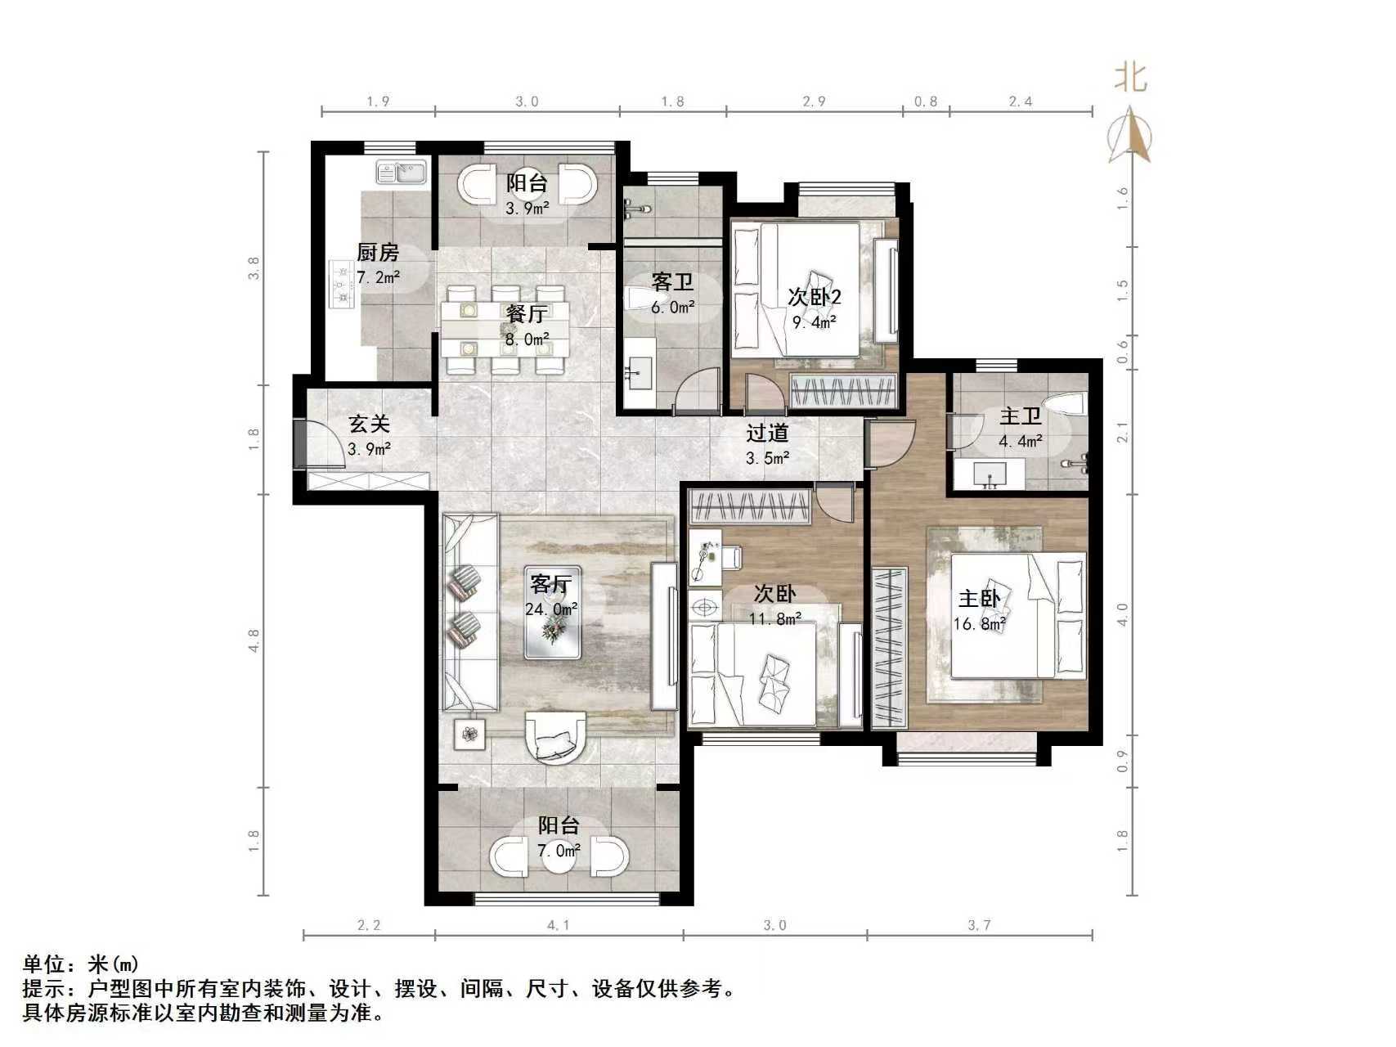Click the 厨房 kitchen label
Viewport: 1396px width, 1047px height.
click(378, 253)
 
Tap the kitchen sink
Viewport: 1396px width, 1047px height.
click(401, 173)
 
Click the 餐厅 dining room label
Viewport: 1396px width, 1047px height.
click(526, 314)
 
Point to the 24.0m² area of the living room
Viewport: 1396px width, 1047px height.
click(551, 609)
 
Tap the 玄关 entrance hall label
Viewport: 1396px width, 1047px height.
click(369, 424)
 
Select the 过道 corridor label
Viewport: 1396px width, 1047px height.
click(767, 434)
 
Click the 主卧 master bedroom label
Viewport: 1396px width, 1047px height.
click(979, 599)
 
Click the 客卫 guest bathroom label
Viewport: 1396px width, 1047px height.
click(672, 282)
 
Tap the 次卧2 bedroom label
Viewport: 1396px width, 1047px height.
click(815, 297)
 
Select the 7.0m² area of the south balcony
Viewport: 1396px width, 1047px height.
click(559, 851)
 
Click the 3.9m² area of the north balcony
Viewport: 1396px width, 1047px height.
click(527, 209)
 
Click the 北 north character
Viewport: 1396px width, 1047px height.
click(1131, 77)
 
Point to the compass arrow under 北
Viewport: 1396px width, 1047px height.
click(1130, 133)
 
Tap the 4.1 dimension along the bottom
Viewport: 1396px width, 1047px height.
click(559, 925)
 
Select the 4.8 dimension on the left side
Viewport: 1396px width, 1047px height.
click(254, 640)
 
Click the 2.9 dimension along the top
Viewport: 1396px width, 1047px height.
click(814, 101)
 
